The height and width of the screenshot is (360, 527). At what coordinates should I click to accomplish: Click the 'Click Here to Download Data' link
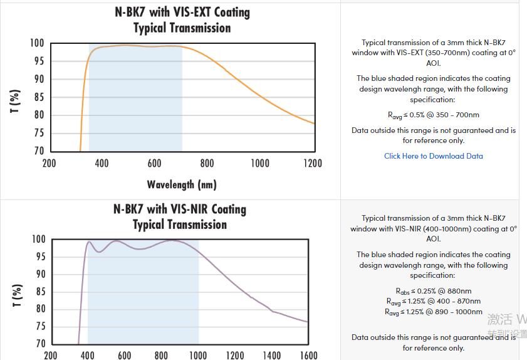pyautogui.click(x=433, y=156)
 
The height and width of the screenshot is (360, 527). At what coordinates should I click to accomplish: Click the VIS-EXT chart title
pyautogui.click(x=182, y=20)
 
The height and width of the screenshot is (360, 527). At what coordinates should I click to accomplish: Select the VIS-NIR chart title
pyautogui.click(x=180, y=216)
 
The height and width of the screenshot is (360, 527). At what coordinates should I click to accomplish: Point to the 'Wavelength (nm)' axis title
pyautogui.click(x=182, y=184)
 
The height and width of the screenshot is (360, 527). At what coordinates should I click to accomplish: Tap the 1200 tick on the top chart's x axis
pyautogui.click(x=312, y=164)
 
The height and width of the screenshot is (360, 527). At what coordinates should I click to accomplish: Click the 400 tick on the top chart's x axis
pyautogui.click(x=102, y=164)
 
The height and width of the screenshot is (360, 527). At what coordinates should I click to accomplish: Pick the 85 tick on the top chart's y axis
pyautogui.click(x=39, y=97)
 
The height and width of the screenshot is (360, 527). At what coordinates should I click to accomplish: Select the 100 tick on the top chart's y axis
pyautogui.click(x=37, y=43)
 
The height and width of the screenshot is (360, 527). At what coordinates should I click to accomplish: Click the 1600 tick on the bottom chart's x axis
pyautogui.click(x=308, y=355)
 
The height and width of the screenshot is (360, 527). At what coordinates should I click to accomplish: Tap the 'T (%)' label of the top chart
pyautogui.click(x=16, y=100)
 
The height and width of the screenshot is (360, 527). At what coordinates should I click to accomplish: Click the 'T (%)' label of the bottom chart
pyautogui.click(x=17, y=295)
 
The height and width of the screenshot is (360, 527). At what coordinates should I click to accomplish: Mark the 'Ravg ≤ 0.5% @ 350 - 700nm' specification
pyautogui.click(x=433, y=115)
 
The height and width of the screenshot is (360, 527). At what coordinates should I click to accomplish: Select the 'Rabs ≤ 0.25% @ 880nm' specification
pyautogui.click(x=433, y=291)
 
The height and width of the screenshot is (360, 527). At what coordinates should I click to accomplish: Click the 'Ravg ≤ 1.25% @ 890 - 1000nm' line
pyautogui.click(x=433, y=312)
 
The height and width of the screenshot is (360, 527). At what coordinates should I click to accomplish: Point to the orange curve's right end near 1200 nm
pyautogui.click(x=313, y=123)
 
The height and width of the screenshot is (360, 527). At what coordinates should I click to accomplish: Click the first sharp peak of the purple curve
pyautogui.click(x=89, y=242)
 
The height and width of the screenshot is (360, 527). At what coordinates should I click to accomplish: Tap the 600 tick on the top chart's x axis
pyautogui.click(x=154, y=164)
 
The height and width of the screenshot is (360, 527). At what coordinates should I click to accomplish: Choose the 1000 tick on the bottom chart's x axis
pyautogui.click(x=198, y=355)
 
